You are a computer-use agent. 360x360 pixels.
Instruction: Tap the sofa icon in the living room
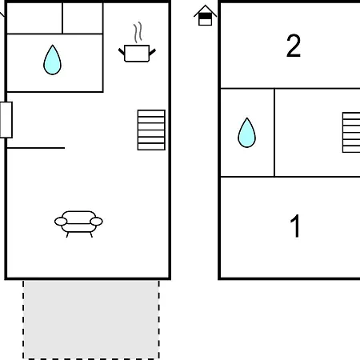click(x=78, y=223)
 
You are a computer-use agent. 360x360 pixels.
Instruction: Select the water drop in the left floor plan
click(x=52, y=60)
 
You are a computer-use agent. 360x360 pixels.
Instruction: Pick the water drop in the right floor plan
click(x=246, y=133)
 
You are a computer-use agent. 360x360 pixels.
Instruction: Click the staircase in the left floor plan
click(x=151, y=130)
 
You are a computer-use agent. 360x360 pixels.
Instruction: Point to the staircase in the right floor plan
click(x=351, y=133)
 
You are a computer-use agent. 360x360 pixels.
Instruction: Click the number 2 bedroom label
click(x=294, y=46)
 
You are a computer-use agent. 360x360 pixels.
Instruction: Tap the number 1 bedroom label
click(x=295, y=226)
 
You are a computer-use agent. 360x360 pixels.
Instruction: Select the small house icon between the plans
click(x=205, y=15)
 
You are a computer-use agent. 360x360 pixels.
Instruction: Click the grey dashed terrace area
click(x=91, y=319)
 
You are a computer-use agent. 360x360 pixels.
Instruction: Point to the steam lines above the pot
click(x=138, y=33)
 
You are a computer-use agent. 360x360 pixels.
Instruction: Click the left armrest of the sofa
click(x=61, y=222)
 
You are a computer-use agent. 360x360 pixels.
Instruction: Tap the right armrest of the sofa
click(x=96, y=222)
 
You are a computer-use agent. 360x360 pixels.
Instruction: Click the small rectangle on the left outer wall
click(x=6, y=120)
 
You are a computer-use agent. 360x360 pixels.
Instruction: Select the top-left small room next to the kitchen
click(x=34, y=18)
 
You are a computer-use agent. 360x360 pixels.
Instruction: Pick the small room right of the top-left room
click(x=82, y=18)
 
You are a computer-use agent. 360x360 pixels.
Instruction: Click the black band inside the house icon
click(x=205, y=17)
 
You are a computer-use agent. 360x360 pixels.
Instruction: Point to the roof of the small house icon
click(x=205, y=10)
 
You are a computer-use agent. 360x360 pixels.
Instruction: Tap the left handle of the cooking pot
click(x=122, y=51)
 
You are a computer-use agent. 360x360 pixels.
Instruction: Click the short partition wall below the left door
click(x=36, y=148)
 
